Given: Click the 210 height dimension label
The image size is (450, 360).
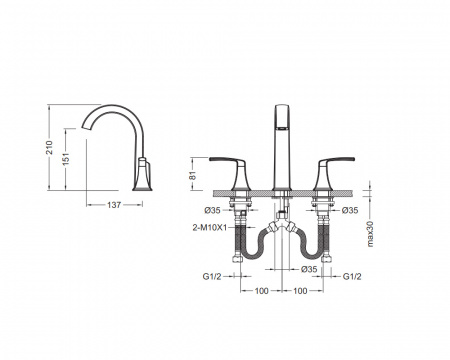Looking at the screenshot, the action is point(49,147).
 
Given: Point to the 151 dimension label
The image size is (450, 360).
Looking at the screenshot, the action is point(66,159).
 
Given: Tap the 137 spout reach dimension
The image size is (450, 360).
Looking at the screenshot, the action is point(114,205).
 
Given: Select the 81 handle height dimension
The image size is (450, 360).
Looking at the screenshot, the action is point(193,175).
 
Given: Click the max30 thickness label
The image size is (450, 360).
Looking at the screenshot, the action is point(370,234).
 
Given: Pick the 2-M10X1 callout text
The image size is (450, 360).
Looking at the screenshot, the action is point(210,228).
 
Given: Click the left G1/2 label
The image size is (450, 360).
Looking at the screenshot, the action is point(212,276).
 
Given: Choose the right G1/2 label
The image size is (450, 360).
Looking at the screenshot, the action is point(352,276).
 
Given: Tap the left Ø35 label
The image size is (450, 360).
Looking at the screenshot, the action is point(213,210).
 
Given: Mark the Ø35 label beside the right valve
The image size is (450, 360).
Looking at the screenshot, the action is point(350,210).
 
